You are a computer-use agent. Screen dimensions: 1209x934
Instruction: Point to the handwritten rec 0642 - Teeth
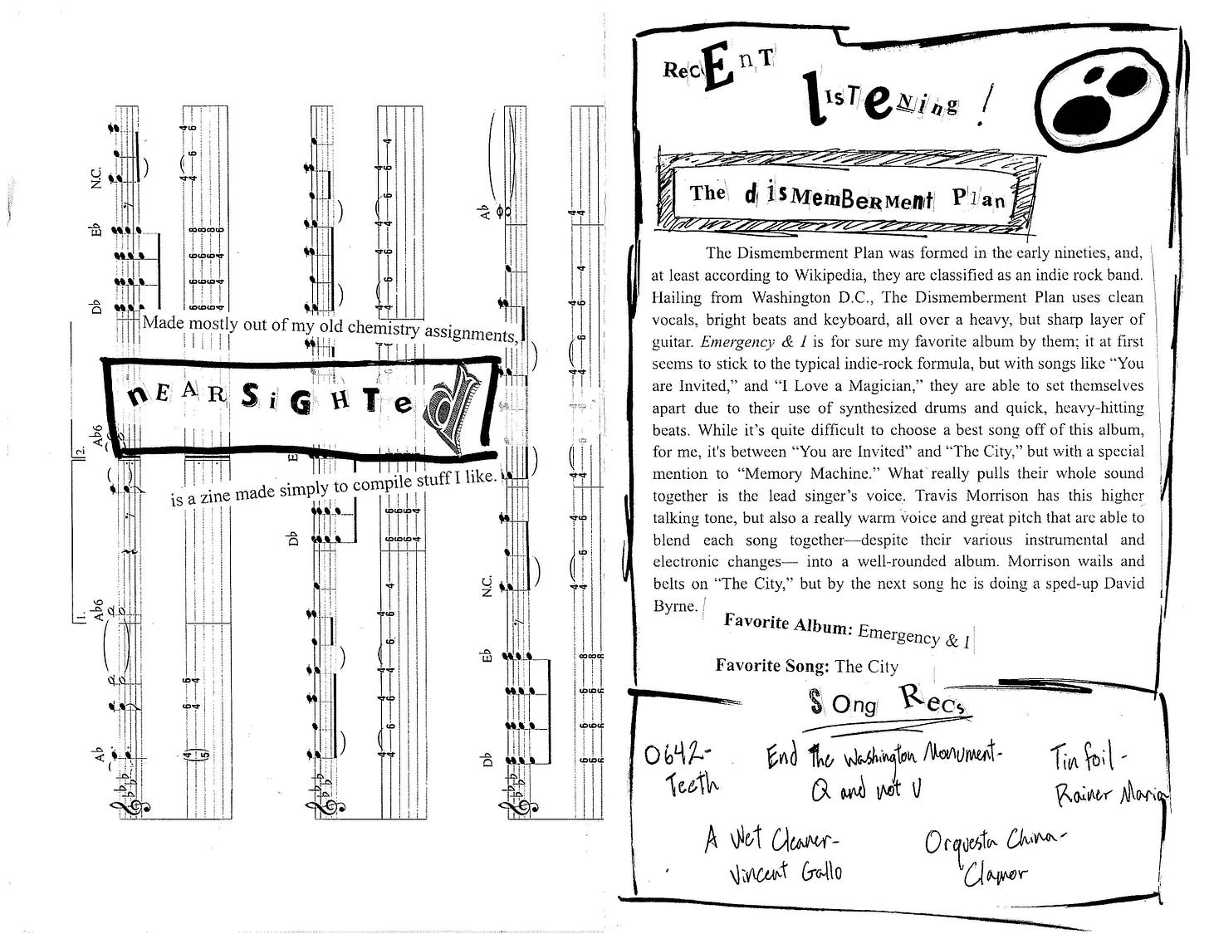[680, 768]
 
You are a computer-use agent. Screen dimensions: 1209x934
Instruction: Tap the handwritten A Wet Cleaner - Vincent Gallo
[773, 856]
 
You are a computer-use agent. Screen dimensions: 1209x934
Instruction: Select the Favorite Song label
[771, 665]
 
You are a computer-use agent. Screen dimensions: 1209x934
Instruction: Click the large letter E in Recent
[718, 71]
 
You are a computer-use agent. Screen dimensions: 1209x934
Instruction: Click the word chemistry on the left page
[383, 327]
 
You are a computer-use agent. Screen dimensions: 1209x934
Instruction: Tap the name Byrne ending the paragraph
[674, 606]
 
